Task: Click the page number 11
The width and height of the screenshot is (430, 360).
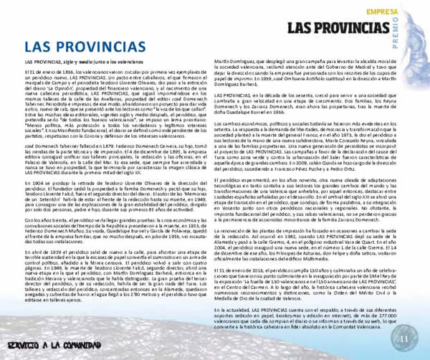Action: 402,338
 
